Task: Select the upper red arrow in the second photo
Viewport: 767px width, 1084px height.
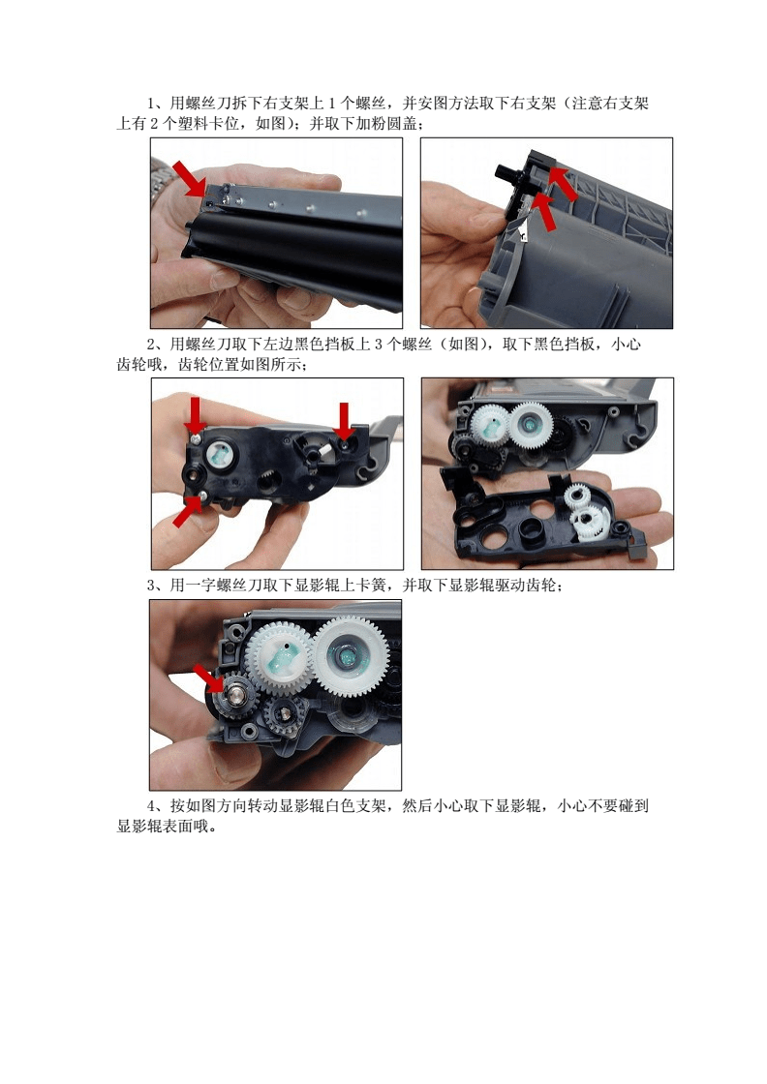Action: pos(563,183)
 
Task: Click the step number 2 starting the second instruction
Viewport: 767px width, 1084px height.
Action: pos(152,345)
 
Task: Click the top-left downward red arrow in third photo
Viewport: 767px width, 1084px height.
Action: pos(196,414)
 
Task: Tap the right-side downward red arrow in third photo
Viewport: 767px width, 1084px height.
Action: pos(343,419)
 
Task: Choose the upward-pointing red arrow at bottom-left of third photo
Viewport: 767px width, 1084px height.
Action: pos(188,510)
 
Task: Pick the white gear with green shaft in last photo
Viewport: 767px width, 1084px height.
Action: pos(280,656)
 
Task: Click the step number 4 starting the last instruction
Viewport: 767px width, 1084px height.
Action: pos(152,806)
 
